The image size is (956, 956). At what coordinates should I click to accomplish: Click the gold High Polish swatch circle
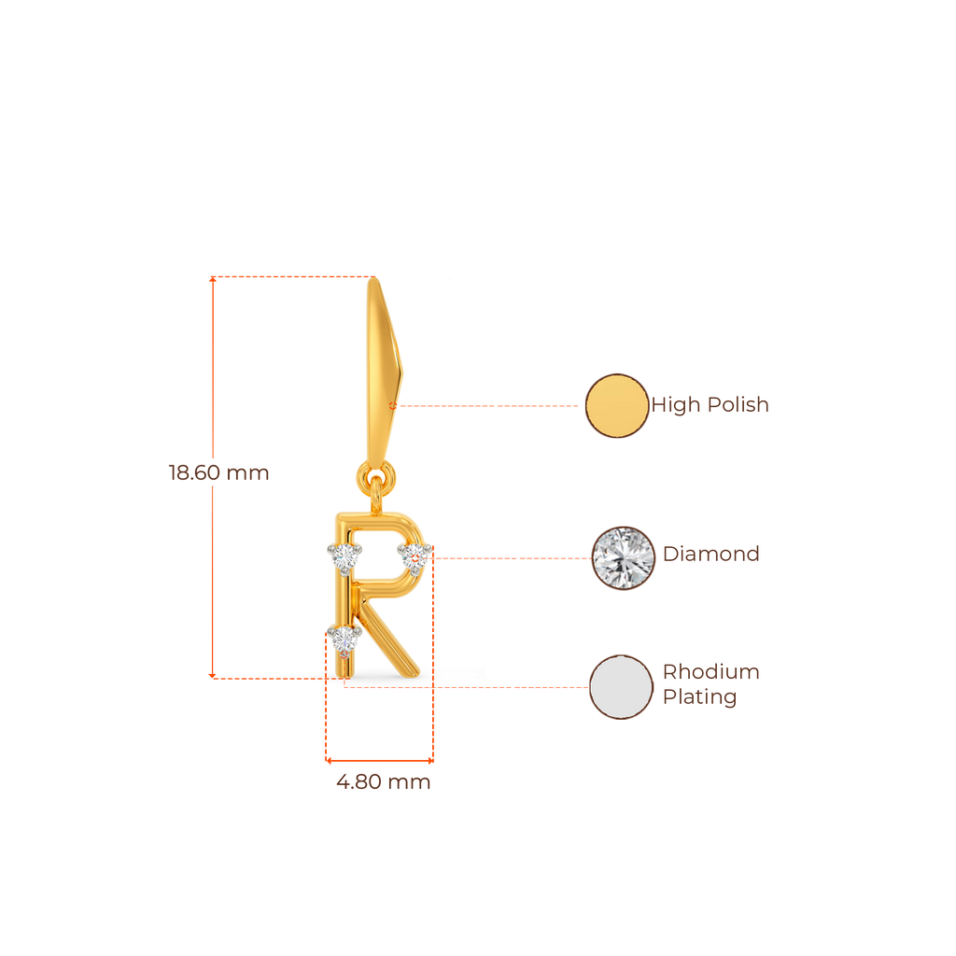pyautogui.click(x=617, y=406)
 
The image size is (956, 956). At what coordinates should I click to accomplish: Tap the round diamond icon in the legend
pyautogui.click(x=625, y=558)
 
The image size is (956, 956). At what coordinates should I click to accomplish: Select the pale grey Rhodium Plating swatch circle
pyautogui.click(x=622, y=687)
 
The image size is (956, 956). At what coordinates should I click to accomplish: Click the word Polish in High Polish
pyautogui.click(x=738, y=405)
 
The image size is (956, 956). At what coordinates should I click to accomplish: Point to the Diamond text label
pyautogui.click(x=711, y=554)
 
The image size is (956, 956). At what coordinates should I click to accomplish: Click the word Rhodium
pyautogui.click(x=711, y=672)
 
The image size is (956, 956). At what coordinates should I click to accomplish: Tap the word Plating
pyautogui.click(x=700, y=697)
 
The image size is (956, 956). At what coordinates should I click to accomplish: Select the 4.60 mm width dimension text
pyautogui.click(x=383, y=782)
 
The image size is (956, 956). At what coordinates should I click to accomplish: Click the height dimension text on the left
pyautogui.click(x=218, y=473)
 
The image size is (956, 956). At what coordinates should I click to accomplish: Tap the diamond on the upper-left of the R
pyautogui.click(x=344, y=557)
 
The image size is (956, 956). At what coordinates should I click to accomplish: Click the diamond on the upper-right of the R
pyautogui.click(x=412, y=556)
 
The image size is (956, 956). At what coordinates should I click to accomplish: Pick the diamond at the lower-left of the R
pyautogui.click(x=345, y=640)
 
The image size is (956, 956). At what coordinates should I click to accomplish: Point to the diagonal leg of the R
pyautogui.click(x=392, y=640)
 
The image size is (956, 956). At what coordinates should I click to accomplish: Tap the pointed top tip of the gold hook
pyautogui.click(x=375, y=281)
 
